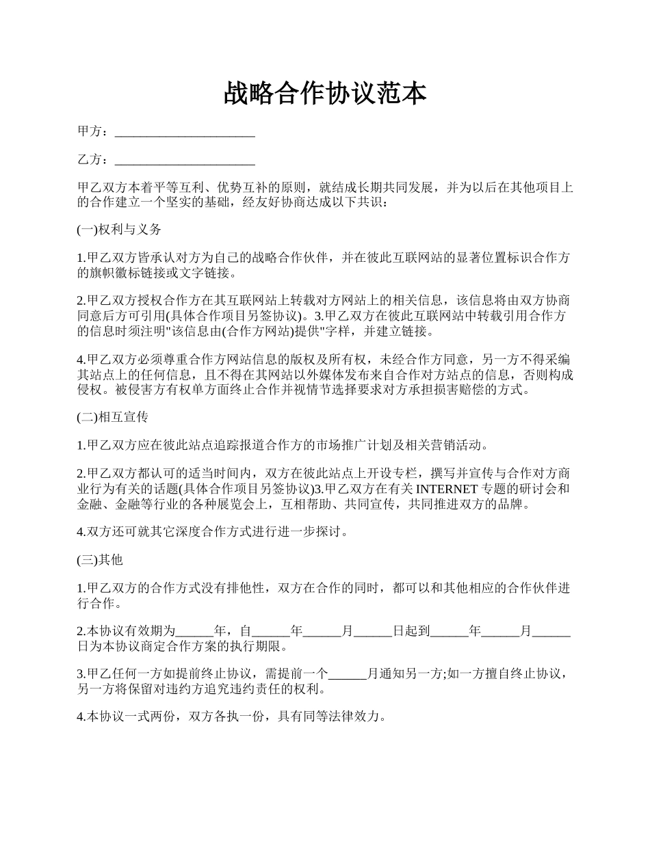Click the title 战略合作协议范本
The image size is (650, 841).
point(325,94)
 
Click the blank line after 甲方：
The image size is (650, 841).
point(185,131)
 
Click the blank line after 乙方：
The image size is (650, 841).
point(185,160)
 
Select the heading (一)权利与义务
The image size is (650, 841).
point(119,230)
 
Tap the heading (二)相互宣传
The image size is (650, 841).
point(112,416)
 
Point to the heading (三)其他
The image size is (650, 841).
point(99,560)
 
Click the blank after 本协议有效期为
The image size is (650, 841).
point(195,632)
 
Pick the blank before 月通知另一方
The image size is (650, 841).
point(348,675)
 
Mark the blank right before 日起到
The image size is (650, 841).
point(373,632)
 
